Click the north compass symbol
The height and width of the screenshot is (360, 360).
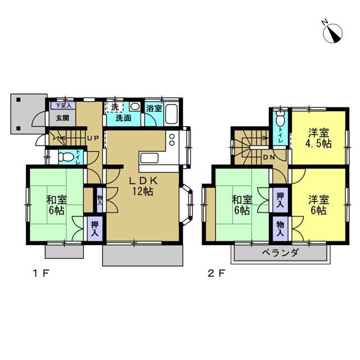pos(332,33)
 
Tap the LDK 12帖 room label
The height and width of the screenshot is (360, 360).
pos(143,186)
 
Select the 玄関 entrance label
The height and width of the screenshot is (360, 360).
pos(62,118)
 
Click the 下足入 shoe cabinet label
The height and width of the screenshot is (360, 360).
pos(62,106)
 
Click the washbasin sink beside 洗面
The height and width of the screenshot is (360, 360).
pos(135,106)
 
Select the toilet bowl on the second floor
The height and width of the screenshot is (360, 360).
pos(280,119)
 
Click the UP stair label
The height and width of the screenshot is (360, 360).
pos(93,138)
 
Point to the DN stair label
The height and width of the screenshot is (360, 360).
pos(269,157)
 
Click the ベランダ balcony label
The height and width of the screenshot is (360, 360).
pos(280,253)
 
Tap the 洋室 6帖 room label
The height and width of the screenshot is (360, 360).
pos(318,205)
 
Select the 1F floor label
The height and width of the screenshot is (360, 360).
pos(41,273)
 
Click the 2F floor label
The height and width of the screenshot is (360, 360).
pos(216,273)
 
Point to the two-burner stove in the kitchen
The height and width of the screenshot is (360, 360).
pos(172,139)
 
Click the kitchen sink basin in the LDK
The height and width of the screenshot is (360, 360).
pos(149,158)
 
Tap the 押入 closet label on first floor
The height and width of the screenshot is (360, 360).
pos(94,229)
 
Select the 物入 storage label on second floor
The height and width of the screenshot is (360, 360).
pos(280,229)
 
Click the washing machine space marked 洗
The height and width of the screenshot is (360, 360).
pos(114,107)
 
